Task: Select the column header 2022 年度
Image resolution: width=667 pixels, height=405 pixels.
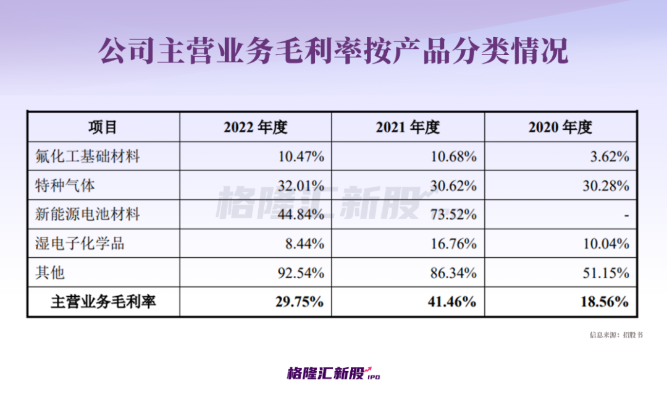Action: coord(256,127)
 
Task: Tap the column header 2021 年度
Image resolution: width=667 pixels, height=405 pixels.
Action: coord(408,127)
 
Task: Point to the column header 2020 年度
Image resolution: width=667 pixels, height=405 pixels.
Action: coord(560,127)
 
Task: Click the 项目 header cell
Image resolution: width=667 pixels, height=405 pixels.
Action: coord(103,127)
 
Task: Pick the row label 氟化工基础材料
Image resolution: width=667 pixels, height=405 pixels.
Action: coord(88,156)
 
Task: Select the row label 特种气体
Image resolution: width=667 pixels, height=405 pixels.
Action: coord(65,185)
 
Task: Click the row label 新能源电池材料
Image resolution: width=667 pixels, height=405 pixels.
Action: coord(88,215)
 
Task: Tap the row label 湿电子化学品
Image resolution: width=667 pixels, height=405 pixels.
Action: coord(80,244)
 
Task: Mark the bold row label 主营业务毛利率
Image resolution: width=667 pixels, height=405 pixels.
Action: coord(103,302)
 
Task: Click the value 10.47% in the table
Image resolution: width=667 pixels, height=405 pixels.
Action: coord(301,156)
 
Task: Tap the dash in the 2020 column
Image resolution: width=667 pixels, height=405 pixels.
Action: coord(626,215)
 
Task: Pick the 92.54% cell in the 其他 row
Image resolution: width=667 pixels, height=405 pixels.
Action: coord(301,273)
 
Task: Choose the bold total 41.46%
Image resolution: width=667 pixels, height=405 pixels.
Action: coord(452,302)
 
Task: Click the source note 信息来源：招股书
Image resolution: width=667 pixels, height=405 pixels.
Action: coord(616,335)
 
